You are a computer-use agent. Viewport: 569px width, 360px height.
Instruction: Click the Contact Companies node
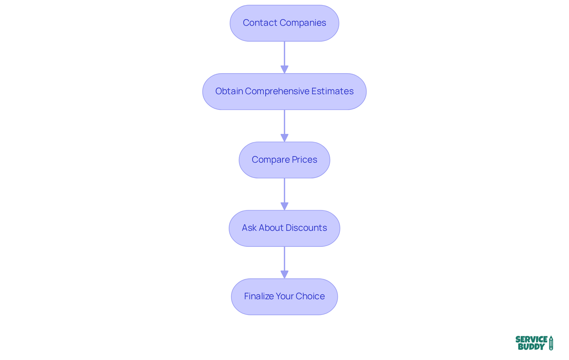click(x=284, y=23)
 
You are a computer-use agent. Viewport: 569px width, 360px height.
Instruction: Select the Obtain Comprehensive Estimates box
click(x=284, y=92)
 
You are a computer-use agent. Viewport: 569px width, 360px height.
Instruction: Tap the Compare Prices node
click(x=284, y=160)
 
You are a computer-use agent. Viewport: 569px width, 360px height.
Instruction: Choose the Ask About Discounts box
click(x=284, y=228)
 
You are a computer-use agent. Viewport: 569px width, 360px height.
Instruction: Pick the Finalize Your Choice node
click(x=284, y=297)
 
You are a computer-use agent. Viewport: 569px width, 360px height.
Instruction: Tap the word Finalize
click(x=259, y=296)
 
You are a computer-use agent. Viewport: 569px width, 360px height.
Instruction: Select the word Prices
click(x=304, y=160)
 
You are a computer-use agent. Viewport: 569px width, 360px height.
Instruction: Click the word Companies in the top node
click(x=303, y=23)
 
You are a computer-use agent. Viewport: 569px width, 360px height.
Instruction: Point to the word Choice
click(x=310, y=296)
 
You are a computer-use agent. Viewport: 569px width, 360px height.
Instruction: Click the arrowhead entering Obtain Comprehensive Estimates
click(x=284, y=69)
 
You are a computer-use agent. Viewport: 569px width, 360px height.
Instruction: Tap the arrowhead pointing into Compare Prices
click(x=284, y=138)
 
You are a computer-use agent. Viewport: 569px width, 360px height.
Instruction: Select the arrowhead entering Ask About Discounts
click(x=284, y=206)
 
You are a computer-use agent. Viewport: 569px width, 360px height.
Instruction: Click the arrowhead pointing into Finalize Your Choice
click(x=284, y=274)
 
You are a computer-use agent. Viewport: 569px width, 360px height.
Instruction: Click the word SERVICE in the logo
click(x=531, y=340)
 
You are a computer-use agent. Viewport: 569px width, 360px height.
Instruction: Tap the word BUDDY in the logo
click(x=531, y=347)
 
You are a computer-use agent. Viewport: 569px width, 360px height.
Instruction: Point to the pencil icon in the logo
click(x=551, y=343)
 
